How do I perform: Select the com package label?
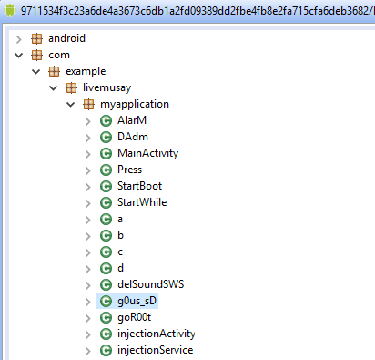[x=58, y=55]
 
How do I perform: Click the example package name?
[x=85, y=71]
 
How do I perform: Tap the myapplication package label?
[x=134, y=104]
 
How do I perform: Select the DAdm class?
[x=133, y=137]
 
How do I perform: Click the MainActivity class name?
[x=147, y=153]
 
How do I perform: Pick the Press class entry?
[x=129, y=170]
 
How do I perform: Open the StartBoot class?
[x=139, y=186]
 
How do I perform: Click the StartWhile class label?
[x=142, y=202]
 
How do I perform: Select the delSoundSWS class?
[x=150, y=284]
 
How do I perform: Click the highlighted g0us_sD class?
[x=137, y=301]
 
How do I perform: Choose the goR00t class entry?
[x=136, y=317]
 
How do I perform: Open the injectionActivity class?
[x=156, y=334]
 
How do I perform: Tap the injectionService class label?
[x=155, y=350]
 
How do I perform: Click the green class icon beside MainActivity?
[x=106, y=153]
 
